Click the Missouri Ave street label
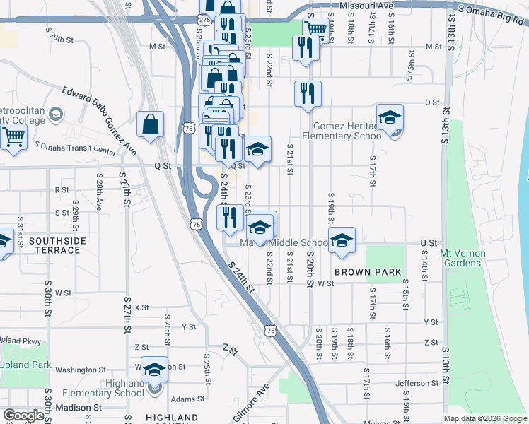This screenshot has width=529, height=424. pos(366,6)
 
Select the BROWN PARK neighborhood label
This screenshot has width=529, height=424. pos(368,272)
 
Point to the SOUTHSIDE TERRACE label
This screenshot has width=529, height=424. pos(54,245)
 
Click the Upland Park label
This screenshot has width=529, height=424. pos(26,365)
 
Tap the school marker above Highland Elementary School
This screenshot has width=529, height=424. pos(154,370)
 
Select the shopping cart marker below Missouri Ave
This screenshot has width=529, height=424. pos(316,28)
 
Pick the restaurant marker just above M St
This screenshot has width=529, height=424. pos(306,47)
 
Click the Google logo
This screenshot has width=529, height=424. pos(23,416)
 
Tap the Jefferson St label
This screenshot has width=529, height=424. pos(413,384)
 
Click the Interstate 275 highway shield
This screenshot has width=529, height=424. pos(204,21)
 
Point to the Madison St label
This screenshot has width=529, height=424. pos(74,408)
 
